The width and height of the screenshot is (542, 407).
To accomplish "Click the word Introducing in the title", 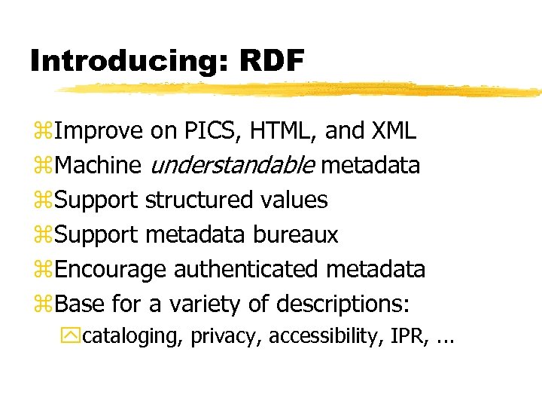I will tap(121, 60).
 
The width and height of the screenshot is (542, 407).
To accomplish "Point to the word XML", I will tap(394, 131).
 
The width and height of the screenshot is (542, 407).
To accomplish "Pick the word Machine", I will tap(98, 165).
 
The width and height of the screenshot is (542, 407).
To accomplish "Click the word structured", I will tap(199, 200).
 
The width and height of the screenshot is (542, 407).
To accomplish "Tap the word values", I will tap(294, 200).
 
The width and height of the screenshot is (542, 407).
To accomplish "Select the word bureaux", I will tap(296, 234).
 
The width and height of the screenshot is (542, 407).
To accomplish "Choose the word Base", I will tap(80, 304).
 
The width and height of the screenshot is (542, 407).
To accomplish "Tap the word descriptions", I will tap(343, 304).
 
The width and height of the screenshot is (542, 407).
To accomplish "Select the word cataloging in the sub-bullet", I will tap(132, 336).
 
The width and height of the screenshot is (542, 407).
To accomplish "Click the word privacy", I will tap(225, 336).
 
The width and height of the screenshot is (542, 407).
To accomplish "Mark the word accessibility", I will tap(326, 335).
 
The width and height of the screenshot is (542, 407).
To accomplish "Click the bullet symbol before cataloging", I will tap(74, 336).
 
